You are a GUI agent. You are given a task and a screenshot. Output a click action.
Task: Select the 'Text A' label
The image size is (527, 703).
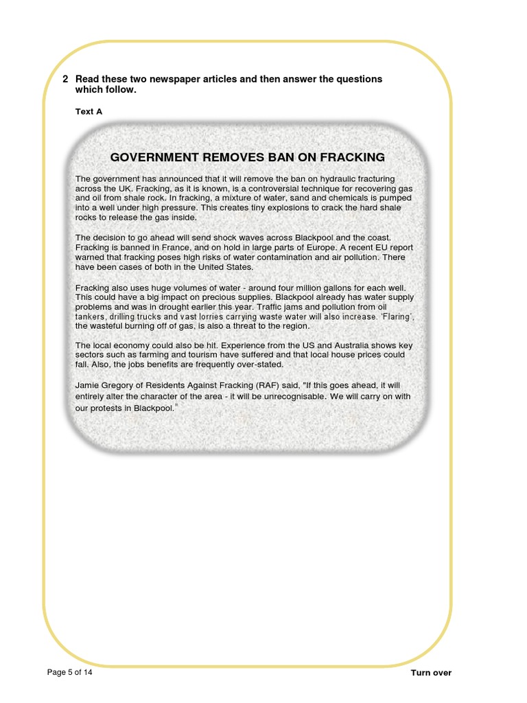pos(89,111)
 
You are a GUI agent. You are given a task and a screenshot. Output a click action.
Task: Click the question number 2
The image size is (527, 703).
pos(65,79)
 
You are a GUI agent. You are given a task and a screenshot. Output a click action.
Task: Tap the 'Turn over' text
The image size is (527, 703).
pos(431,673)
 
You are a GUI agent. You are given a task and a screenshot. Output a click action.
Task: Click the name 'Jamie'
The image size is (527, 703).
pos(88,387)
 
